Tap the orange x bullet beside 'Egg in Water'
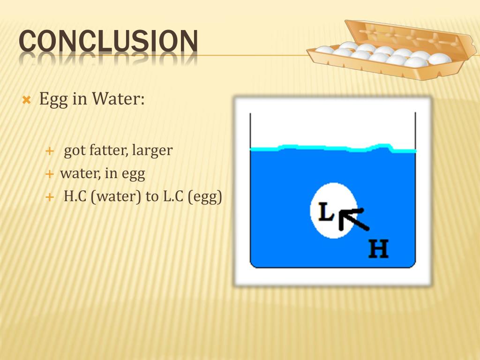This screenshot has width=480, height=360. pyautogui.click(x=26, y=100)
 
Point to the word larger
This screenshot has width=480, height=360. pyautogui.click(x=152, y=151)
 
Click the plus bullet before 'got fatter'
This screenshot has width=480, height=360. pyautogui.click(x=50, y=151)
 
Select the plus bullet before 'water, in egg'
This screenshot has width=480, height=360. pyautogui.click(x=50, y=174)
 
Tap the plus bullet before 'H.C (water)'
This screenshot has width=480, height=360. pyautogui.click(x=50, y=198)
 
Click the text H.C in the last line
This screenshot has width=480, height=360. pyautogui.click(x=75, y=197)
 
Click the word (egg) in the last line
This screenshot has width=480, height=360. pyautogui.click(x=205, y=197)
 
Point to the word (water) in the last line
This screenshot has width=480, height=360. pyautogui.click(x=116, y=197)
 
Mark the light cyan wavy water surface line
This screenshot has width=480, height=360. pyautogui.click(x=333, y=149)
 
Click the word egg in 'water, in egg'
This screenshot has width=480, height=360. pyautogui.click(x=133, y=174)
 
